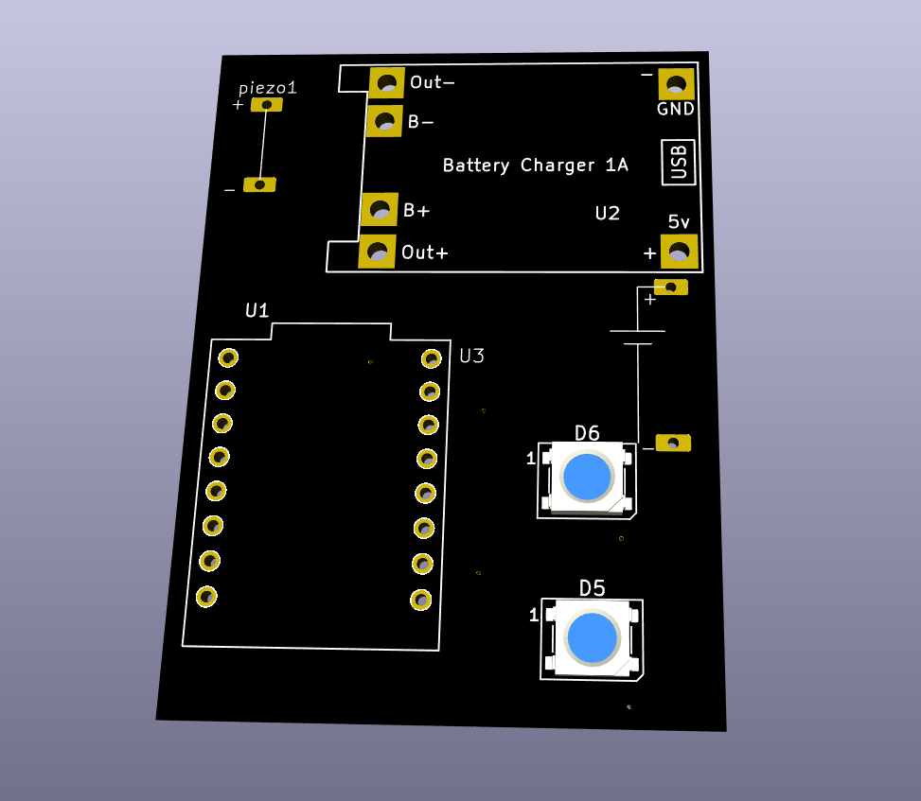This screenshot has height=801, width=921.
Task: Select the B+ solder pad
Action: [x=380, y=209]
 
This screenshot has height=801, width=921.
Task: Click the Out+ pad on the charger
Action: [x=378, y=252]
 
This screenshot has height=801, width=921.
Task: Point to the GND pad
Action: [x=676, y=84]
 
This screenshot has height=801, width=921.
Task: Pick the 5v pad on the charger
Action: [x=678, y=252]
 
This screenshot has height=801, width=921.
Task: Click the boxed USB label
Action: [x=678, y=162]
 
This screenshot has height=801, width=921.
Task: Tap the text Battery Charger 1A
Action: [x=535, y=165]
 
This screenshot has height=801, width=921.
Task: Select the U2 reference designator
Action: [x=607, y=213]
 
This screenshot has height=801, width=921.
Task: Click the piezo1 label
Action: [x=267, y=88]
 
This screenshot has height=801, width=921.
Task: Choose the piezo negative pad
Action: [x=259, y=184]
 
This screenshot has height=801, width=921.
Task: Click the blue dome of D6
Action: [x=587, y=477]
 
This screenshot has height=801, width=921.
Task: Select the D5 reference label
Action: [x=592, y=588]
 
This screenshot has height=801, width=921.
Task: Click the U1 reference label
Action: [x=257, y=310]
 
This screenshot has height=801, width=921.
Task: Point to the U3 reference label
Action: [x=471, y=356]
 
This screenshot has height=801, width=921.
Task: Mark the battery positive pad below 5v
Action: [x=671, y=287]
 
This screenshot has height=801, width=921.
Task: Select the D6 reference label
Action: [x=587, y=433]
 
